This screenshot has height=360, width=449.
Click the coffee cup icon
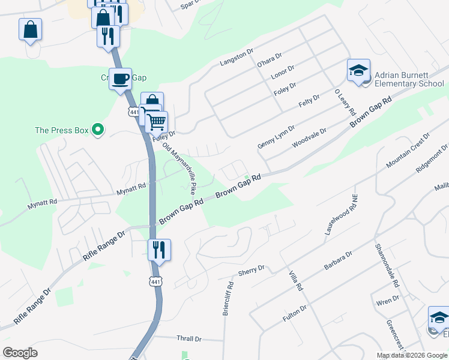(x=120, y=79)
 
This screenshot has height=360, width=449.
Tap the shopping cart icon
(x=156, y=122)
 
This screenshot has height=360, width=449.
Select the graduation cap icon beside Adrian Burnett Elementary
(x=358, y=70)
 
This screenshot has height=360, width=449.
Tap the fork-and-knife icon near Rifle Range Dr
(x=159, y=249)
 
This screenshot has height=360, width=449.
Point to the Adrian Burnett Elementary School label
(x=409, y=80)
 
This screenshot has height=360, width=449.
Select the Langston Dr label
(x=237, y=58)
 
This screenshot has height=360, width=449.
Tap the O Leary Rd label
(x=345, y=103)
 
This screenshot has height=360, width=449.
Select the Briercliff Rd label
(x=228, y=296)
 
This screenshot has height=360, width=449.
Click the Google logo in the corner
(x=20, y=353)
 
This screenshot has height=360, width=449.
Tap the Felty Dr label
(x=309, y=101)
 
